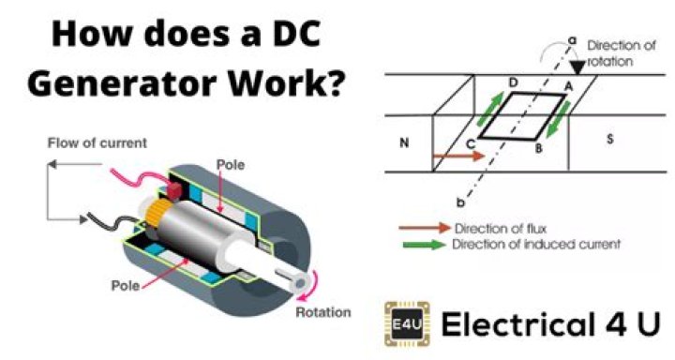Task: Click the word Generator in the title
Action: (121, 83)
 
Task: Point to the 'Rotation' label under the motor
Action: (322, 312)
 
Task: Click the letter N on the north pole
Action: (404, 144)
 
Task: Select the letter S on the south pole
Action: (609, 141)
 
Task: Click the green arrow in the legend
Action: (424, 245)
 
